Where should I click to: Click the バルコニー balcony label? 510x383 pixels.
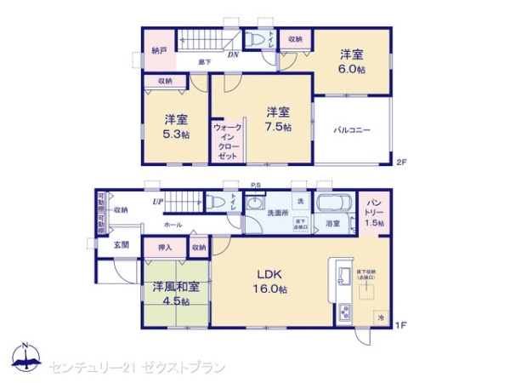tap(352, 131)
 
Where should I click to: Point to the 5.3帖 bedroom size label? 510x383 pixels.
tap(177, 134)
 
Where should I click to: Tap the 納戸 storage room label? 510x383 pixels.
tap(159, 50)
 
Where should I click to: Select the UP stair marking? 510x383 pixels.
tap(158, 202)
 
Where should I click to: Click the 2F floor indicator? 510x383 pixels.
tap(402, 163)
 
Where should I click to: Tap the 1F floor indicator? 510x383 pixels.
tap(402, 325)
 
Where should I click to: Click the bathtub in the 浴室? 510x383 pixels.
tap(332, 205)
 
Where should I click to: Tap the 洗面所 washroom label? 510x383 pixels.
tap(277, 212)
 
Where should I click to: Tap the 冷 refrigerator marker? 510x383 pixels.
tap(380, 317)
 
